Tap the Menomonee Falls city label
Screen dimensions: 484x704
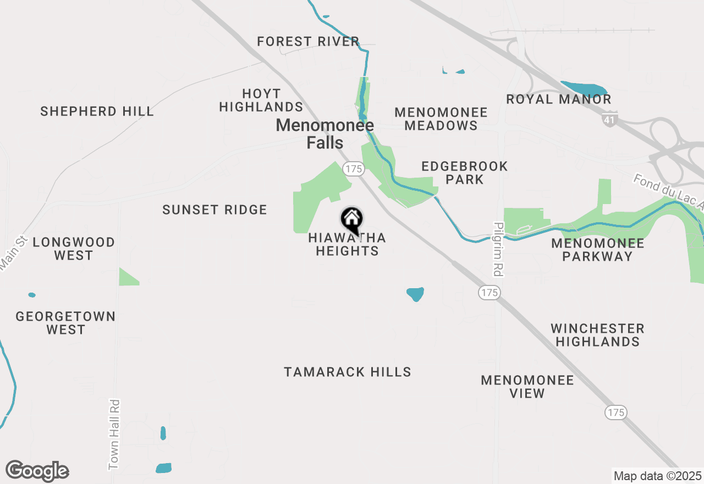(325, 134)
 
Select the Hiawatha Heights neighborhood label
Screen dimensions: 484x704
(347, 245)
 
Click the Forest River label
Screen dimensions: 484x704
(308, 41)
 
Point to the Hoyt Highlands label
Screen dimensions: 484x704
(261, 100)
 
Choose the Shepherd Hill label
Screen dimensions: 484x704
(97, 111)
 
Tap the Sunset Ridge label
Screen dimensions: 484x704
(215, 210)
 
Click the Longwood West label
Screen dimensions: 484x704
(74, 249)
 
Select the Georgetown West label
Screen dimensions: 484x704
(65, 323)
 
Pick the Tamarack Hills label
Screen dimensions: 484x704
(348, 372)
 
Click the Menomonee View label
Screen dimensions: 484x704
(527, 387)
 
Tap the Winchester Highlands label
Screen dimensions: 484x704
(597, 335)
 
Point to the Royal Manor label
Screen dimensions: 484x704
(559, 100)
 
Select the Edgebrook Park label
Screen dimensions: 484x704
(465, 173)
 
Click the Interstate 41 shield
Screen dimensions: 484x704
(610, 119)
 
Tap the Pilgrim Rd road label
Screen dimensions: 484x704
(499, 249)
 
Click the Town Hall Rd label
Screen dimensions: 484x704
(114, 435)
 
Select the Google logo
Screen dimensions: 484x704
(37, 471)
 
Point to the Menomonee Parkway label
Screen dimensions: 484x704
(597, 250)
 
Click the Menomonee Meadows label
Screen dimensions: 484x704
(441, 119)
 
